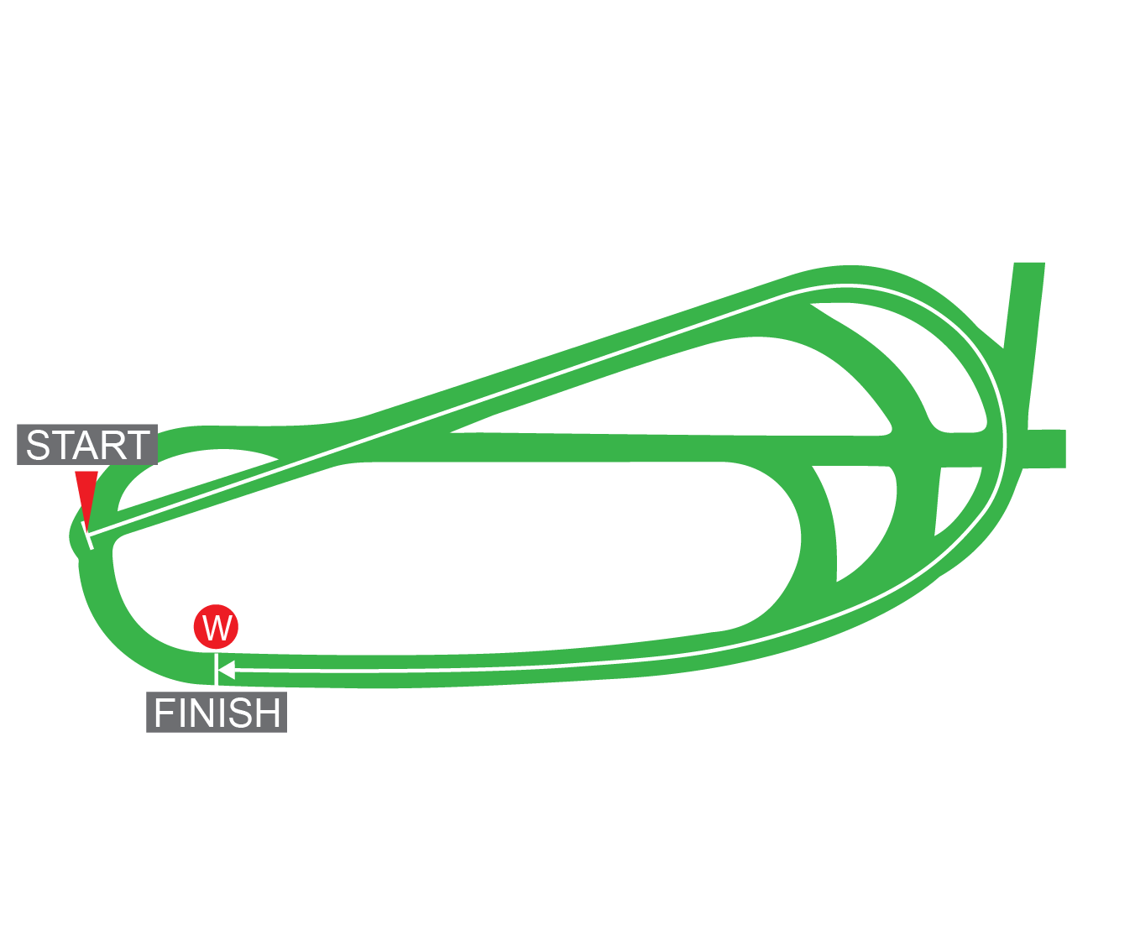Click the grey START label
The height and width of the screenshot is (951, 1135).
click(x=87, y=445)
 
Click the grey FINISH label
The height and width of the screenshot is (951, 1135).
click(x=217, y=713)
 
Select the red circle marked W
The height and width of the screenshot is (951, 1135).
click(x=217, y=626)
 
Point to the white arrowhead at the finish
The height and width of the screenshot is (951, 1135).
click(x=225, y=670)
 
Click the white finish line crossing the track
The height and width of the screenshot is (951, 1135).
click(x=217, y=670)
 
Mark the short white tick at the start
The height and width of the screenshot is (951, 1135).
click(x=88, y=536)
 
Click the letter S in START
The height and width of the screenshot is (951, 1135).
click(x=39, y=446)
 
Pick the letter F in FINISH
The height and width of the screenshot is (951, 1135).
click(x=163, y=713)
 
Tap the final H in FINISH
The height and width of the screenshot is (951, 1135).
click(x=269, y=713)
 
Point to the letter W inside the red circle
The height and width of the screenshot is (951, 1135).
click(x=217, y=627)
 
